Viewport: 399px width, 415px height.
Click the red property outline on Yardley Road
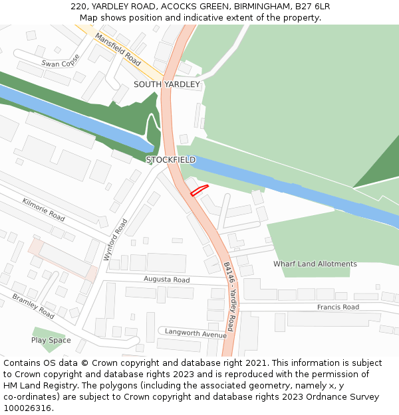[199, 190]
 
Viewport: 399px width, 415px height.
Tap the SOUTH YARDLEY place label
[166, 84]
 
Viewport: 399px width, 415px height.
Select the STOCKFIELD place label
[171, 160]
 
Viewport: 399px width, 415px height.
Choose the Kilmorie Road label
[43, 209]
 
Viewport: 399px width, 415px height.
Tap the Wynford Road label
[116, 238]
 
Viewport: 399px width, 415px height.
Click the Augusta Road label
[167, 280]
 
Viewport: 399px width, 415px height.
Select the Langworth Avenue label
[196, 333]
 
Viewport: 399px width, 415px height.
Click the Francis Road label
[338, 307]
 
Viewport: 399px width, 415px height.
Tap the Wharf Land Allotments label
[315, 264]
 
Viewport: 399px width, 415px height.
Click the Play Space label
[51, 341]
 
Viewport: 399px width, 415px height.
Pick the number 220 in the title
[78, 7]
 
